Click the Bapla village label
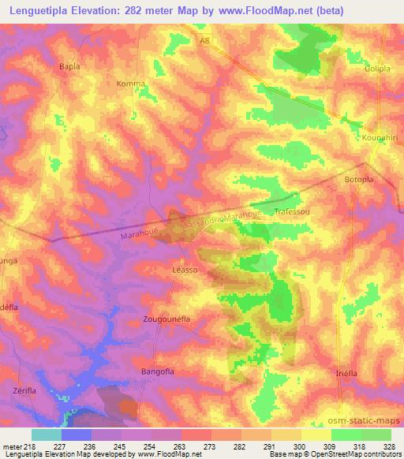70,67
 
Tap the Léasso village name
184,270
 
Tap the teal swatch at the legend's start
47,435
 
